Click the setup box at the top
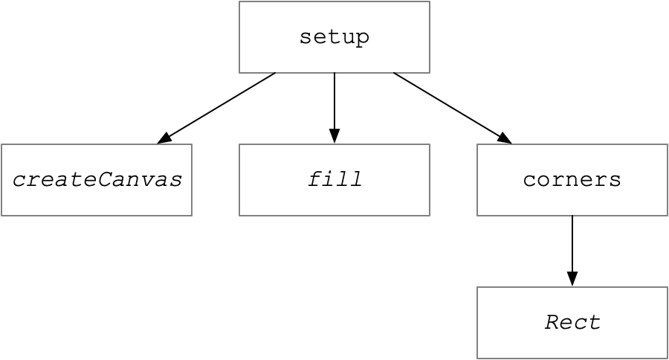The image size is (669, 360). (334, 37)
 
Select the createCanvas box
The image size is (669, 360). (97, 180)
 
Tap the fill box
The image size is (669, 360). (334, 180)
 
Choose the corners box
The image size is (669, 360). (572, 180)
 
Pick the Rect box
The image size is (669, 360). (572, 322)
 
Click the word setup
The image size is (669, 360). (334, 38)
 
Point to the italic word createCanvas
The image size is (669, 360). (97, 180)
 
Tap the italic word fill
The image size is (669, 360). (335, 179)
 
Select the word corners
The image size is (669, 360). (572, 180)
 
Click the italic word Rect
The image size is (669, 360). (572, 322)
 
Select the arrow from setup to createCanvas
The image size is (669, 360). (216, 108)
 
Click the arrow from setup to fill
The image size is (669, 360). (334, 108)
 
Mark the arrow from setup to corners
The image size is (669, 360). (453, 108)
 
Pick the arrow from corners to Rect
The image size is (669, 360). (572, 251)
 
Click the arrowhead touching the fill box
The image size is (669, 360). (334, 136)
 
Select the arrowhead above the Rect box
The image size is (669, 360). (572, 278)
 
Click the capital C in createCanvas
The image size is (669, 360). (105, 179)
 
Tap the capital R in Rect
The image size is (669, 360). (552, 322)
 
